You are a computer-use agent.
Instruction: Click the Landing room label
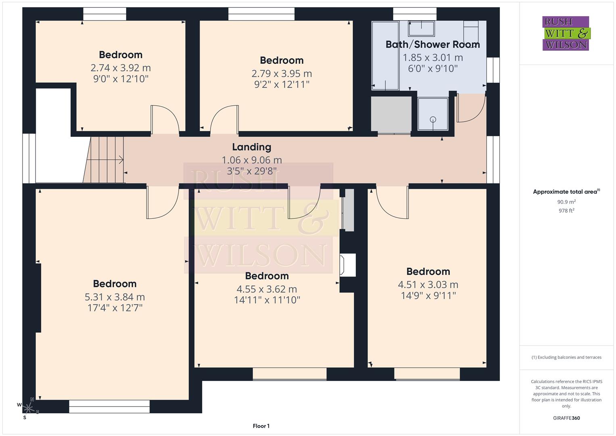point(251,147)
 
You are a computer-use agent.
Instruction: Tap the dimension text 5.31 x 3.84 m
point(115,297)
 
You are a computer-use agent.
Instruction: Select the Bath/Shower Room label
point(432,44)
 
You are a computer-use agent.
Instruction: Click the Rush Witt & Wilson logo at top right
point(566,34)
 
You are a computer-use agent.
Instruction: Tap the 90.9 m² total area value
point(566,202)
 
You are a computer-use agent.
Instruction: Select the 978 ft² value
point(566,210)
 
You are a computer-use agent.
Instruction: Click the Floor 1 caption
point(261,426)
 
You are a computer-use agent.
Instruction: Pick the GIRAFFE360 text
point(566,418)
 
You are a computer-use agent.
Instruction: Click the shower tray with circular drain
point(433,114)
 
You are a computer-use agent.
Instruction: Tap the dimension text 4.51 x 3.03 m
point(428,285)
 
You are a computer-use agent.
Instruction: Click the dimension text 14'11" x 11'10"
point(267,300)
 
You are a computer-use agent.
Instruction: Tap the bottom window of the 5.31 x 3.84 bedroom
point(109,406)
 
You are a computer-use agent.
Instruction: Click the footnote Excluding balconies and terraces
point(566,357)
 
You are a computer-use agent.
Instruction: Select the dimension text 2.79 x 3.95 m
point(281,73)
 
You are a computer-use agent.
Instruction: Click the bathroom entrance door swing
point(470,108)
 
